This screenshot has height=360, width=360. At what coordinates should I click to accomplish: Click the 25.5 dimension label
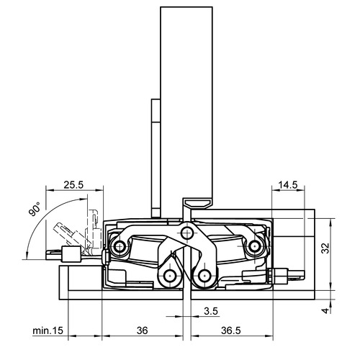73,185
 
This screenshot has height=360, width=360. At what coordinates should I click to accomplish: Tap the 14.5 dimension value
288,185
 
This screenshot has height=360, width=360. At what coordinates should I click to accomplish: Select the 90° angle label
35,209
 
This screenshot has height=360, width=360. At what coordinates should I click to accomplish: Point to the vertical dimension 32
325,248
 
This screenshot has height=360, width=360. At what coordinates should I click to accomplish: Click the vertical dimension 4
325,311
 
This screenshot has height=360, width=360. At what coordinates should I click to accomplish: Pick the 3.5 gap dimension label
211,311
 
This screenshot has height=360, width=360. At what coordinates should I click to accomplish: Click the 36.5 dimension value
230,330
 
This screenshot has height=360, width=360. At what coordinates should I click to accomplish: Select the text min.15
48,330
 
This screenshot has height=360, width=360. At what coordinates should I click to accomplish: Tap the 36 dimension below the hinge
142,330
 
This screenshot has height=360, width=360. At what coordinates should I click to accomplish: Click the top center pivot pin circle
186,233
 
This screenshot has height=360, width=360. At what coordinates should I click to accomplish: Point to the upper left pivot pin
120,246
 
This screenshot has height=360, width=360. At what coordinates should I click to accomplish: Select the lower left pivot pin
170,276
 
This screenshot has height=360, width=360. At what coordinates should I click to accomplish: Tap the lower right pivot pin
204,276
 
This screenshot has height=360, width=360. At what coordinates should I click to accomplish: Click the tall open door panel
186,103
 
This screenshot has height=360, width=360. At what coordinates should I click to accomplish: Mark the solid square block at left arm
71,254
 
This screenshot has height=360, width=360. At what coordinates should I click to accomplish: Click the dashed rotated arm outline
72,238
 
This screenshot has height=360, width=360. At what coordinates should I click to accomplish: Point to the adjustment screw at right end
287,275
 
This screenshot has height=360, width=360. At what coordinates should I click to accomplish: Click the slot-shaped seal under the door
197,203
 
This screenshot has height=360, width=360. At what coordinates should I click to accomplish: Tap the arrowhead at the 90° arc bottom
27,255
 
